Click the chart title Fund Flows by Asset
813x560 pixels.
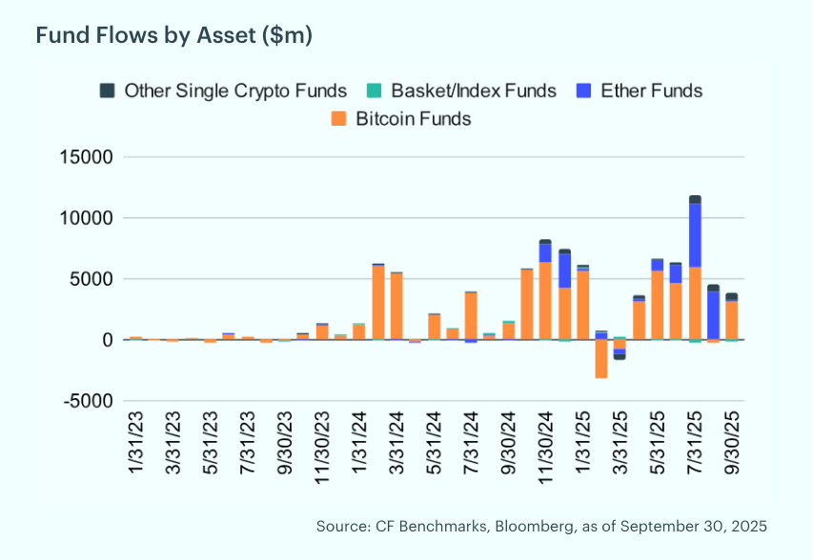click(174, 35)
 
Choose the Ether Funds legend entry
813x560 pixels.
click(651, 91)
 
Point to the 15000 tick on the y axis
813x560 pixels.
click(88, 157)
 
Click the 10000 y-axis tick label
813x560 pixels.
click(88, 218)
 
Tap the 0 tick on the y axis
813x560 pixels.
click(108, 340)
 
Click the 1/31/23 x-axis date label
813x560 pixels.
click(136, 441)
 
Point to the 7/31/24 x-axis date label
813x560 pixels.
click(471, 441)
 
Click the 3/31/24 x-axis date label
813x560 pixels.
click(396, 441)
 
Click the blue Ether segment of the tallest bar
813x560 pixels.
click(695, 234)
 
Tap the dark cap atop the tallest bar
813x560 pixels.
click(695, 199)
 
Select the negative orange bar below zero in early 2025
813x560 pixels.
click(601, 359)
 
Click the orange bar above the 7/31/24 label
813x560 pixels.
click(471, 316)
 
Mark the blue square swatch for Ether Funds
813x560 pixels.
click(582, 91)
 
